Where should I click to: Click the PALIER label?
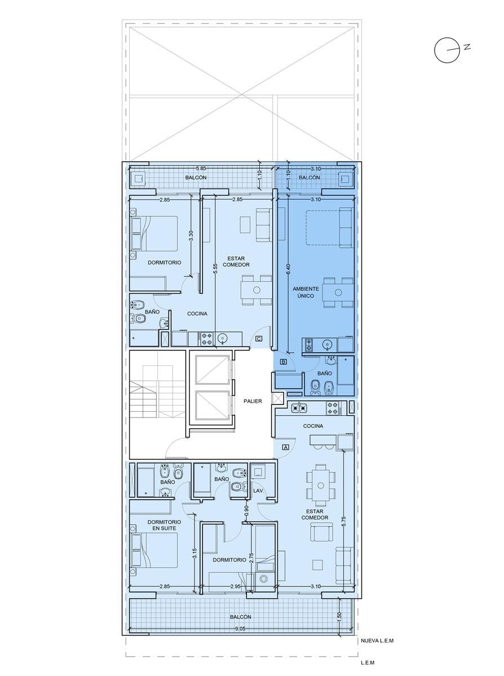pyautogui.click(x=253, y=401)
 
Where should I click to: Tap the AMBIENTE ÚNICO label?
pyautogui.click(x=306, y=292)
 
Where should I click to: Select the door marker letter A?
pyautogui.click(x=286, y=447)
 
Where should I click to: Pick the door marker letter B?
pyautogui.click(x=284, y=362)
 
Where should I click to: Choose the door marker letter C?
pyautogui.click(x=259, y=339)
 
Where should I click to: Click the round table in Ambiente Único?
pyautogui.click(x=338, y=292)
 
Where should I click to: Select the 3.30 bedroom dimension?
pyautogui.click(x=191, y=236)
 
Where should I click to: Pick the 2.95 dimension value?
pyautogui.click(x=235, y=586)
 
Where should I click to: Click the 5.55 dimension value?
pyautogui.click(x=215, y=269)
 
